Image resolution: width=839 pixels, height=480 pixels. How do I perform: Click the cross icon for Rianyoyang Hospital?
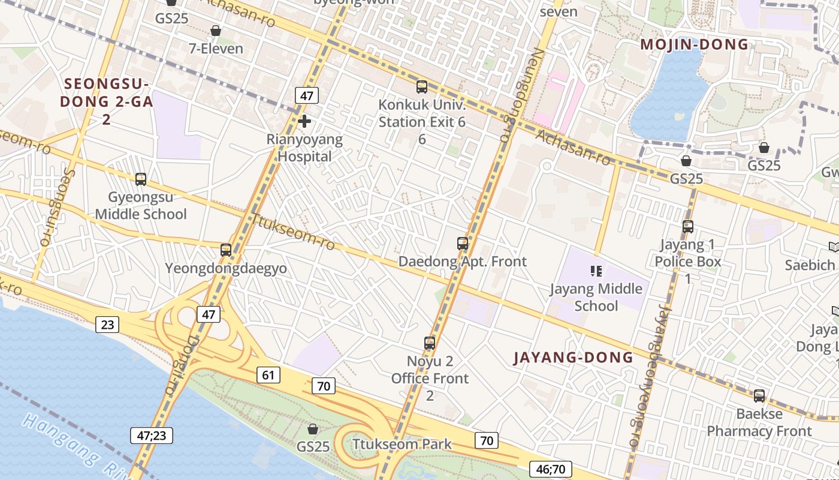click(x=304, y=121)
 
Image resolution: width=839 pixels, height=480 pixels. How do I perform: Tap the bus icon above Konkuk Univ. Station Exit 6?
click(x=422, y=87)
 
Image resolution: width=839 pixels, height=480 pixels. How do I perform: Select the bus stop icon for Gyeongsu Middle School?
click(x=141, y=179)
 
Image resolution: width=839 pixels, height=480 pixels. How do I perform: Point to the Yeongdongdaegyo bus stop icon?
click(x=226, y=250)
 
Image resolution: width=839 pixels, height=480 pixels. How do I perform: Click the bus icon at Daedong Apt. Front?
click(x=463, y=244)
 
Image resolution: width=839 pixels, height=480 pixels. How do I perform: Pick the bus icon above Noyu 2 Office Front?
click(x=430, y=343)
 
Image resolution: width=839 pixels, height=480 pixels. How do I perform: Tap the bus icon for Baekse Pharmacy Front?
click(x=759, y=396)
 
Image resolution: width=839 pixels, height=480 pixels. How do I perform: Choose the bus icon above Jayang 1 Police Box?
click(x=688, y=227)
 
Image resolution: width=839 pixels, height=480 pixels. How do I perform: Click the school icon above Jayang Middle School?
click(x=596, y=271)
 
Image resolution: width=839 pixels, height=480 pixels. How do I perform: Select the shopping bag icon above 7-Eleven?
click(x=216, y=31)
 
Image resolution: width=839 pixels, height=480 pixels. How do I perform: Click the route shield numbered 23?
click(x=107, y=325)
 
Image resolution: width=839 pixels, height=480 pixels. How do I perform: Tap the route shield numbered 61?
click(x=268, y=375)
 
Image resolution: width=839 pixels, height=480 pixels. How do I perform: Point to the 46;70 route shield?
click(x=551, y=469)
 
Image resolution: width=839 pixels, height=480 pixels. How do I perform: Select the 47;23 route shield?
click(x=152, y=435)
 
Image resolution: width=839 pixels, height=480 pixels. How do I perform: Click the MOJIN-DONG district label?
click(x=695, y=44)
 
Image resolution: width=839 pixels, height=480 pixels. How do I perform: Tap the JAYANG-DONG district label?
click(x=574, y=358)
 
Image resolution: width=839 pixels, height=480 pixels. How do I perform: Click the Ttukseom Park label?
click(x=402, y=445)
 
